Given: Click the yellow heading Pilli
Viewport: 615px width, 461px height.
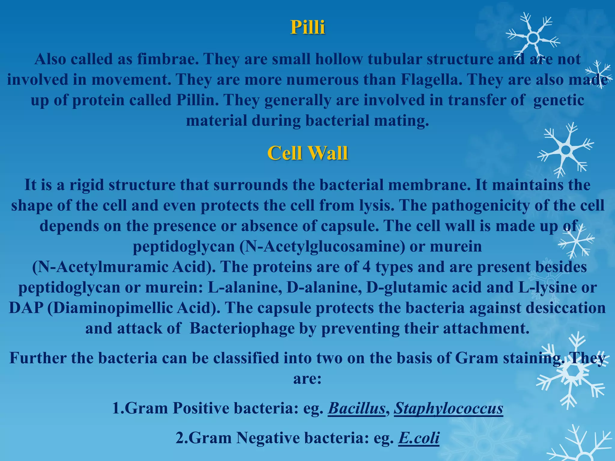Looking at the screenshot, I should (307, 27).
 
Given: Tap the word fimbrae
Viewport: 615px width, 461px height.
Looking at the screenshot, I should (168, 59).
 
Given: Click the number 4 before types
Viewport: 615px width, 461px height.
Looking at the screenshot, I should (366, 267).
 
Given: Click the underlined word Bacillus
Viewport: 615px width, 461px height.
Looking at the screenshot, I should (356, 408).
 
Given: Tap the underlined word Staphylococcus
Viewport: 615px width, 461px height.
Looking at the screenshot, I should (448, 408).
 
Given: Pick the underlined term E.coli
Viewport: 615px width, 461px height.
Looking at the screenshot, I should (419, 438).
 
